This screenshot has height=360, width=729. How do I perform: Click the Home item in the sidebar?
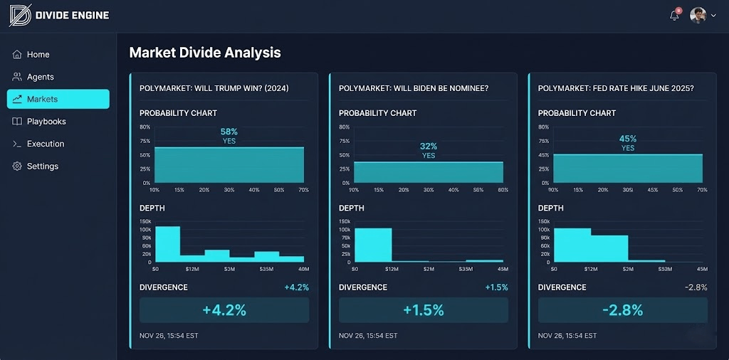point(38,55)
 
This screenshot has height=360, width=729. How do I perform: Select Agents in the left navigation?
point(40,77)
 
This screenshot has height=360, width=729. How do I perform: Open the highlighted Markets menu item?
point(58,99)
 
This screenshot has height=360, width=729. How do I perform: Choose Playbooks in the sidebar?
point(46,122)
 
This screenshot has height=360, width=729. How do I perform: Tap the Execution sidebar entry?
point(45,144)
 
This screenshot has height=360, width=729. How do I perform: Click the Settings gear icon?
point(17,166)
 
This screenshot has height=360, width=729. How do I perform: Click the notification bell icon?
point(674,16)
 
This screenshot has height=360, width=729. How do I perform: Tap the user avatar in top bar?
point(698,15)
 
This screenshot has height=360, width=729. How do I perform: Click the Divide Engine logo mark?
point(20,15)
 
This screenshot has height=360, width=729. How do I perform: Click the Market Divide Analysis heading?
point(205,53)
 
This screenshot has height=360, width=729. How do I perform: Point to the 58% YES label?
point(229,136)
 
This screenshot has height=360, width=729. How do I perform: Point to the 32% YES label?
point(428,151)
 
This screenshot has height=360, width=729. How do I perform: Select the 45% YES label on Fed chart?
point(627,143)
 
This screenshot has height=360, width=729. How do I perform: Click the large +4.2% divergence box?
point(224,310)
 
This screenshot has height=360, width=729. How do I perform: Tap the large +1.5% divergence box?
point(424,310)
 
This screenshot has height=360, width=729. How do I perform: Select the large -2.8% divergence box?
point(623,310)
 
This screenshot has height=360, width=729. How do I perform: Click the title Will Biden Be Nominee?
point(413,88)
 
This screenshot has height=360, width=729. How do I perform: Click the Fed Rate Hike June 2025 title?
point(616,88)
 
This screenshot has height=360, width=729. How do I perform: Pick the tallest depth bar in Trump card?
point(167,244)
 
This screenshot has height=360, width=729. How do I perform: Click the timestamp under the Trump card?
point(169,336)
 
